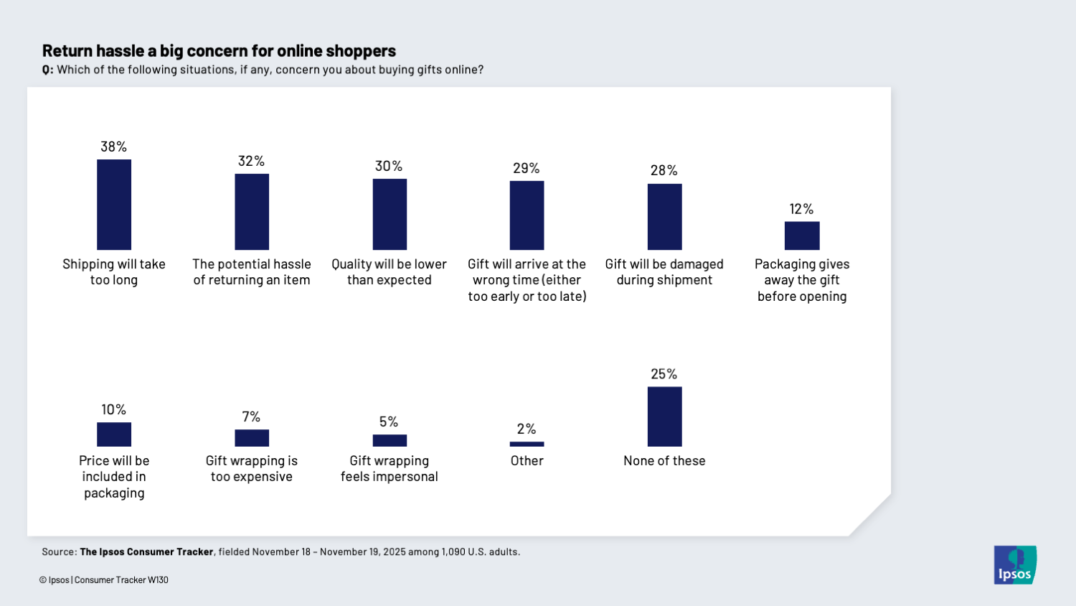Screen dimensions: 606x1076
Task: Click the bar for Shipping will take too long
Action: [114, 205]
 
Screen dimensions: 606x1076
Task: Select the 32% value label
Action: [251, 161]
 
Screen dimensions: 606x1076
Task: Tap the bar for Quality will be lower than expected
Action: [390, 214]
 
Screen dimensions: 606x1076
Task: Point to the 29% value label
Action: [526, 168]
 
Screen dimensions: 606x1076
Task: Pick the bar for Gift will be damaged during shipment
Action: [664, 217]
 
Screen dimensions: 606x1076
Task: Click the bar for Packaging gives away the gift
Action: [801, 236]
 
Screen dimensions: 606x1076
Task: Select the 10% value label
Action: [113, 409]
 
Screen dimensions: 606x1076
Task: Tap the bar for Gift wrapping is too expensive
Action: [252, 438]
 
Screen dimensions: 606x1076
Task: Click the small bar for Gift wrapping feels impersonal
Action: [390, 440]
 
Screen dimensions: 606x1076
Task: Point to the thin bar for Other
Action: [527, 444]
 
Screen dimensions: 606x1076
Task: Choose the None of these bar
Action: [664, 416]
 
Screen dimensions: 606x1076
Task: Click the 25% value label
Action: [664, 374]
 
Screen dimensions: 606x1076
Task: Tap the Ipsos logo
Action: [1015, 565]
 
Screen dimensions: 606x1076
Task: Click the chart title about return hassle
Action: [219, 51]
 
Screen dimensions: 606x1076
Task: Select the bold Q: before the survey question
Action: [47, 70]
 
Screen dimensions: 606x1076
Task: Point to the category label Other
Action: [527, 461]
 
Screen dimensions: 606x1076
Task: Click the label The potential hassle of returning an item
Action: [252, 272]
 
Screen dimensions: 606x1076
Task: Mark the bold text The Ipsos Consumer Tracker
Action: [146, 552]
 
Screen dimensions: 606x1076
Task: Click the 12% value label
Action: [801, 209]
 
